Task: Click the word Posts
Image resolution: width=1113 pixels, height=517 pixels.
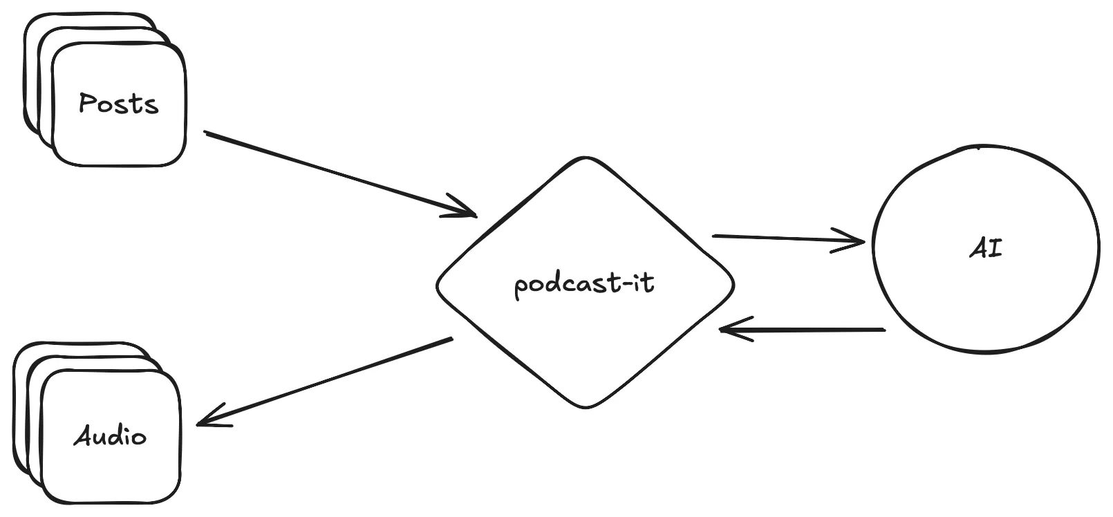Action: pyautogui.click(x=118, y=104)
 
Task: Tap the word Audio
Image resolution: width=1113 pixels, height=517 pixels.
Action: pyautogui.click(x=110, y=437)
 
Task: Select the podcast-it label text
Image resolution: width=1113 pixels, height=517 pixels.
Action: pyautogui.click(x=584, y=283)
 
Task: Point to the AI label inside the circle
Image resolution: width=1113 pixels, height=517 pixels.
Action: pyautogui.click(x=986, y=249)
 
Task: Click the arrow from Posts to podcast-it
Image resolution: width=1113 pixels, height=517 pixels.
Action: pyautogui.click(x=339, y=173)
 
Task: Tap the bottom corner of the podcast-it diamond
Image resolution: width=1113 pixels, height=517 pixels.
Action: pyautogui.click(x=586, y=407)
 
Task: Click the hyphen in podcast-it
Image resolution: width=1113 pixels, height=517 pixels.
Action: pyautogui.click(x=624, y=283)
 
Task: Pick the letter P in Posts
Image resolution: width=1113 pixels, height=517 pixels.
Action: pyautogui.click(x=87, y=103)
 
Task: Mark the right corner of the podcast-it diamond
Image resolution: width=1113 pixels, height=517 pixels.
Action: pyautogui.click(x=732, y=283)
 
